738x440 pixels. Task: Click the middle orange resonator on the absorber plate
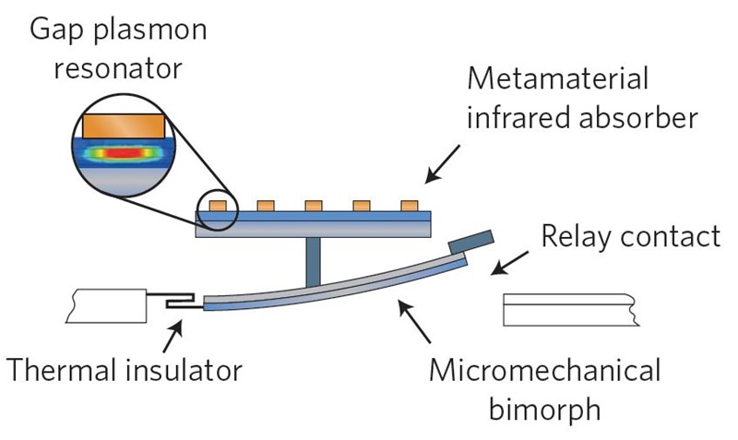tap(313, 204)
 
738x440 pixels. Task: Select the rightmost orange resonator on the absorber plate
tap(409, 204)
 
